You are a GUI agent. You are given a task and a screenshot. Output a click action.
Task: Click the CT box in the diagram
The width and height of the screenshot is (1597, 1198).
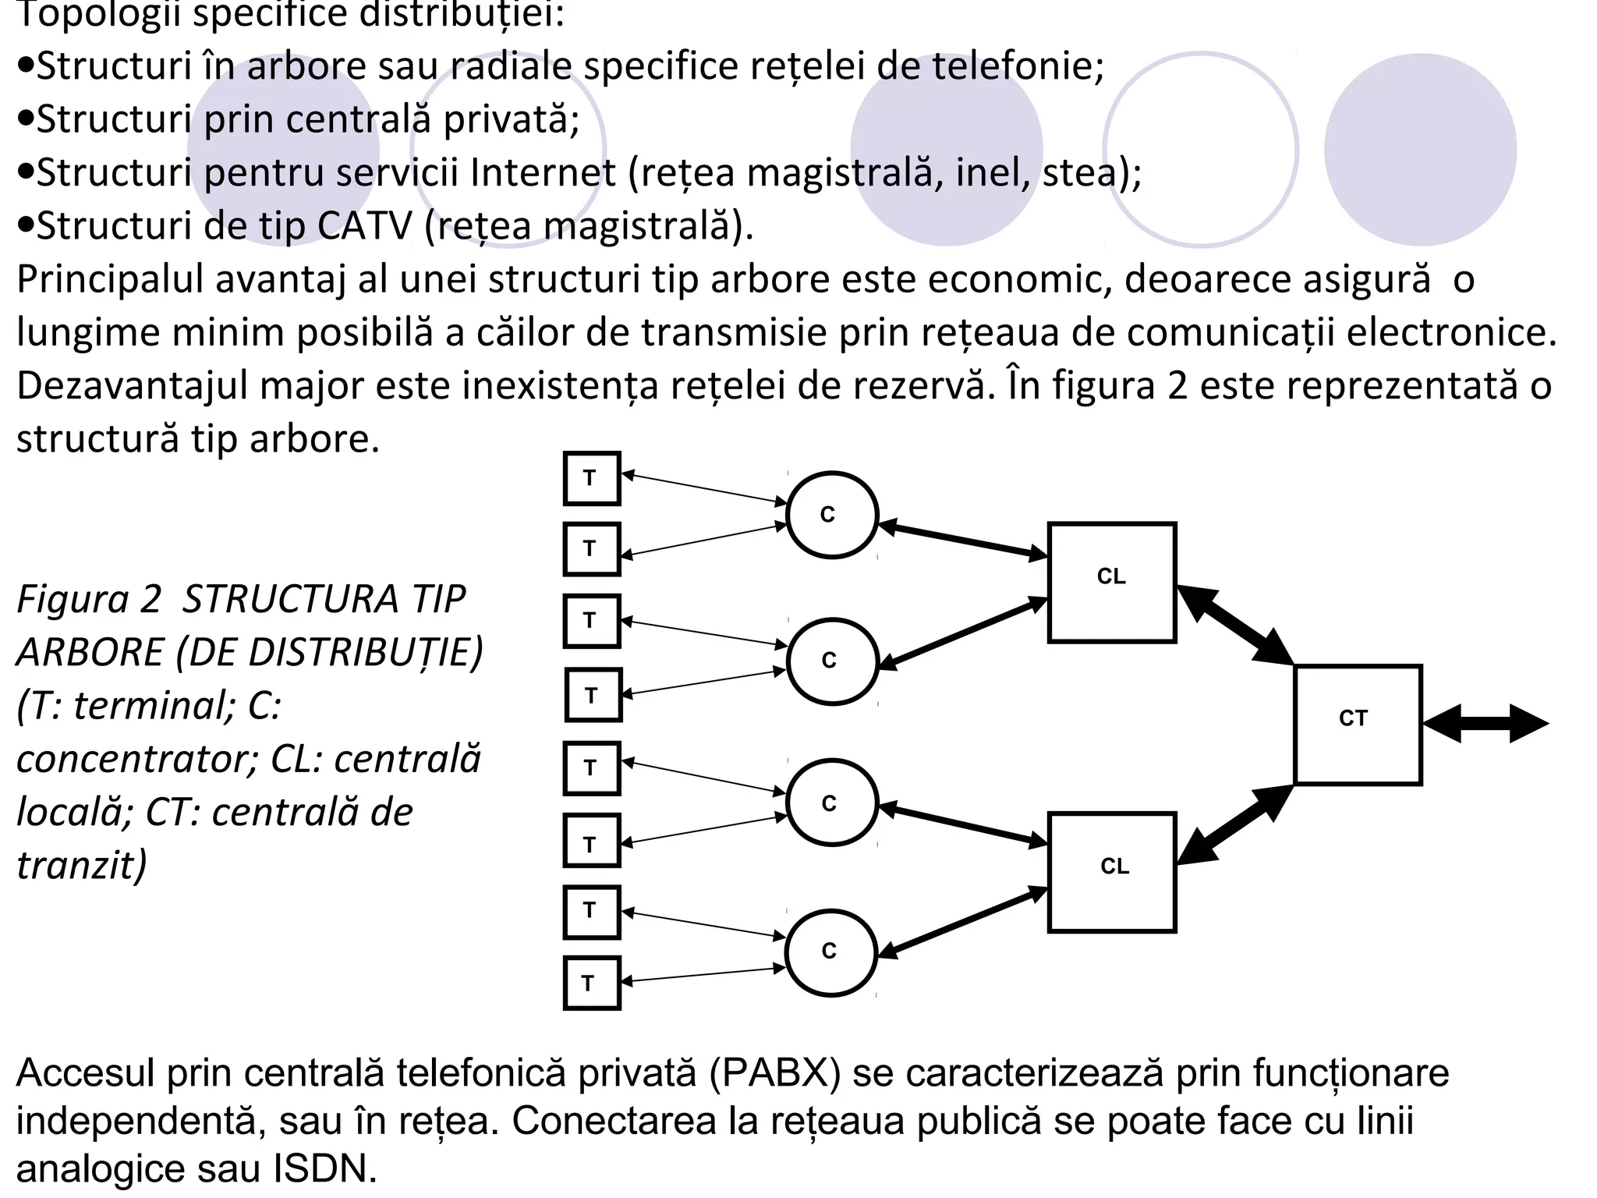point(1358,724)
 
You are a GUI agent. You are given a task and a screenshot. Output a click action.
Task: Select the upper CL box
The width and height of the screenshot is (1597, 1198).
point(1111,582)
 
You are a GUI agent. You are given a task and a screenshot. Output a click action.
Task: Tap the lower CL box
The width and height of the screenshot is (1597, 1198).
point(1111,872)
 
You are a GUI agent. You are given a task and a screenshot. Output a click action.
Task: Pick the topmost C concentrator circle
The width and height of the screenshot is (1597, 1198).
point(832,515)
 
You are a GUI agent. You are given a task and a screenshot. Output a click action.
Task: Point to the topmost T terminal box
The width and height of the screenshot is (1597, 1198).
point(592,478)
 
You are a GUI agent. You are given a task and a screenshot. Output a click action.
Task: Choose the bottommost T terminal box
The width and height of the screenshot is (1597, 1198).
point(591,983)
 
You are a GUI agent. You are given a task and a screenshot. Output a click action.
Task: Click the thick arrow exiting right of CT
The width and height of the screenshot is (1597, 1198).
point(1485,724)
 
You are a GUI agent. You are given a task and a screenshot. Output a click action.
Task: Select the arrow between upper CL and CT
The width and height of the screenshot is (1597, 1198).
point(1234,625)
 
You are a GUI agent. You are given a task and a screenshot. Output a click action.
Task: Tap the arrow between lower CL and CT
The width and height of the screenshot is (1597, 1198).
point(1234,824)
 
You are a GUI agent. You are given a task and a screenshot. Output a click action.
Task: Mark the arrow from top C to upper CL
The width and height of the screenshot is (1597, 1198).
point(964,540)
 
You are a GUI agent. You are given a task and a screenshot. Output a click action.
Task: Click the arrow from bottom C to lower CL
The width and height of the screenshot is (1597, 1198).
point(964,921)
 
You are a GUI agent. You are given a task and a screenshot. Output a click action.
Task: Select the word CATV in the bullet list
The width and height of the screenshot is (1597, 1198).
point(364,226)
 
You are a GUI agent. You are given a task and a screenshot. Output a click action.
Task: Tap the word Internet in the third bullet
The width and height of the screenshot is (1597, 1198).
point(543,172)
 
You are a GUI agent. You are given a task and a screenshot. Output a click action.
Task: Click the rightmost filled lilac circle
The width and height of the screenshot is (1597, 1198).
point(1420,149)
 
